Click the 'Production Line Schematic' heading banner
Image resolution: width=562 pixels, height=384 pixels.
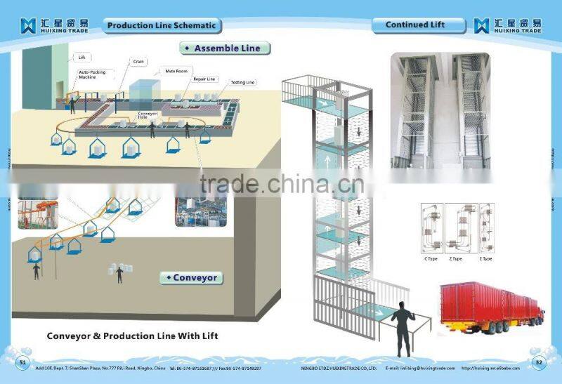[x=162, y=26]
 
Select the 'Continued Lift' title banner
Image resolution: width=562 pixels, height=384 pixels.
[x=416, y=25]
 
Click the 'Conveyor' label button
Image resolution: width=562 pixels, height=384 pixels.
[x=191, y=278]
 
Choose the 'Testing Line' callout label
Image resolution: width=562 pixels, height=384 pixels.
[x=243, y=82]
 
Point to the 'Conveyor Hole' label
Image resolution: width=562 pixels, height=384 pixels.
[x=148, y=115]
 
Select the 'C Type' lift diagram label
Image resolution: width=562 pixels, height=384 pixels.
[x=431, y=259]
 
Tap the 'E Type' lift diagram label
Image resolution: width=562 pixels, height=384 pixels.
[x=485, y=259]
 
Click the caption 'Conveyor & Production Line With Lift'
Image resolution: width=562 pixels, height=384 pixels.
[x=132, y=336]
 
